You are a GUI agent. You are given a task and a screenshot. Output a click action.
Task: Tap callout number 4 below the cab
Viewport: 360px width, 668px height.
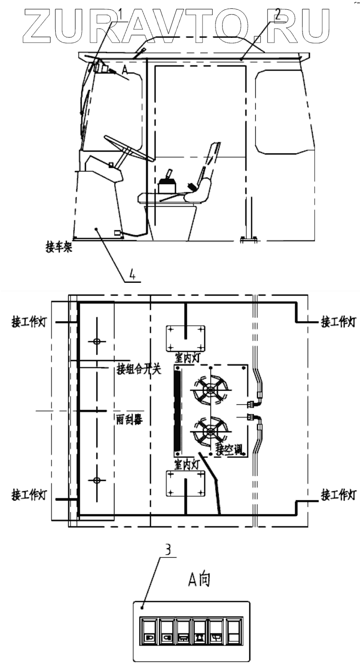(x=133, y=275)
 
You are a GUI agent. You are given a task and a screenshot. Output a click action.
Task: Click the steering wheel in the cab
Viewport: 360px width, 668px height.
(x=129, y=148)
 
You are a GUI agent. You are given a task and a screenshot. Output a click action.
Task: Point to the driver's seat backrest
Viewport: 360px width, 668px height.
(x=209, y=164)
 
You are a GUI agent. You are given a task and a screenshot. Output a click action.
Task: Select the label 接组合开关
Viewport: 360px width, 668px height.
(x=139, y=371)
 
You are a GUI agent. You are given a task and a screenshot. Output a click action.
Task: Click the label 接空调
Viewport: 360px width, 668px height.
(x=229, y=451)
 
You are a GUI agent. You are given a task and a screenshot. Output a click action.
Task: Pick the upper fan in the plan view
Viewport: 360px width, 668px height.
(x=211, y=390)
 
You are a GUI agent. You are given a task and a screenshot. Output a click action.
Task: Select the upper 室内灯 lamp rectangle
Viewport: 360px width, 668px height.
(x=186, y=338)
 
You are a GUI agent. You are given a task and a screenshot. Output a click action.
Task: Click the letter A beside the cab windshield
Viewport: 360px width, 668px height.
(x=125, y=69)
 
